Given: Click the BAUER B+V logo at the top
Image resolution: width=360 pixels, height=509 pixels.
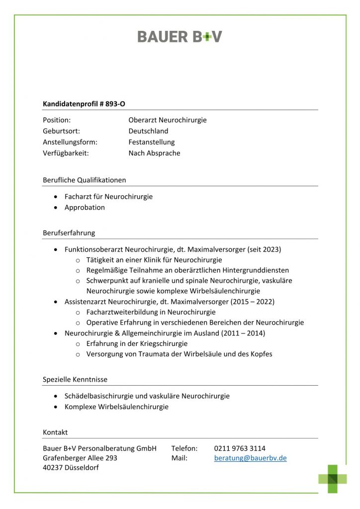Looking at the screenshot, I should [180, 36].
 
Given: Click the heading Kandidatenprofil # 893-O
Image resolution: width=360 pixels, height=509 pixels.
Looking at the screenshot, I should [84, 104].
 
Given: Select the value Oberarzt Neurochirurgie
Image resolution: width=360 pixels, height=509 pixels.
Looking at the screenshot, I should [167, 120].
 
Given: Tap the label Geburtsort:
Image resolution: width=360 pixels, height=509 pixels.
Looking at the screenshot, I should [61, 131].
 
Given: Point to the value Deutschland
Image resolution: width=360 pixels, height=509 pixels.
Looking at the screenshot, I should [148, 131].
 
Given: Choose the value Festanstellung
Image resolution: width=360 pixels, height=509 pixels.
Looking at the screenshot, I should [152, 142].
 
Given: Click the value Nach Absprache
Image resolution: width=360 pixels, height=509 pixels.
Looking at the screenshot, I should [154, 153].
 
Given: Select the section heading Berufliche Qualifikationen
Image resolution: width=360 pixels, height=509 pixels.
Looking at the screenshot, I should [85, 180].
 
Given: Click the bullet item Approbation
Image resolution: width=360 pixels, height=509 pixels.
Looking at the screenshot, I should [85, 207].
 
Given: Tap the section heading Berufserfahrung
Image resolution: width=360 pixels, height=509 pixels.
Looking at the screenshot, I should [69, 233].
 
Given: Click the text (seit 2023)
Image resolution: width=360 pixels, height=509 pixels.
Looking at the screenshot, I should [268, 249].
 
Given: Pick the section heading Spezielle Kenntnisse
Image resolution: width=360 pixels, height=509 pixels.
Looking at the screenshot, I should [75, 379].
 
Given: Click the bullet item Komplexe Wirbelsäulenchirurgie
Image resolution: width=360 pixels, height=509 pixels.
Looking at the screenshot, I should [116, 407].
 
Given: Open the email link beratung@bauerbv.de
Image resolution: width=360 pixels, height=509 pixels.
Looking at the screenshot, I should [250, 458].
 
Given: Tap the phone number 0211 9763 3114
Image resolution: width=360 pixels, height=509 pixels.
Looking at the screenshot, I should [240, 448].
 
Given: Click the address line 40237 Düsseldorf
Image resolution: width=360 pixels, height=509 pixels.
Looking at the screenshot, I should [71, 468].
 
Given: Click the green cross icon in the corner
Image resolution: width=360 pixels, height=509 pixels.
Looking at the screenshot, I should [333, 479].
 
